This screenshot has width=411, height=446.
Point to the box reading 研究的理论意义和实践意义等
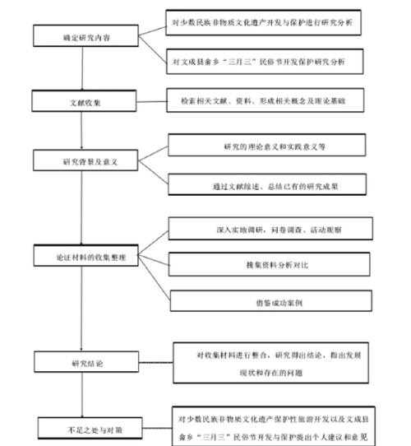coord(274,146)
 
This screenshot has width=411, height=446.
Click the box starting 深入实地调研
coord(274,226)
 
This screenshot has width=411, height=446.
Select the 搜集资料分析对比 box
coord(274,263)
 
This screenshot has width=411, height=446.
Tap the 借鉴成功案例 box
coord(274,301)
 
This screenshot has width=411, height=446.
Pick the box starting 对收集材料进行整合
coord(279,362)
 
